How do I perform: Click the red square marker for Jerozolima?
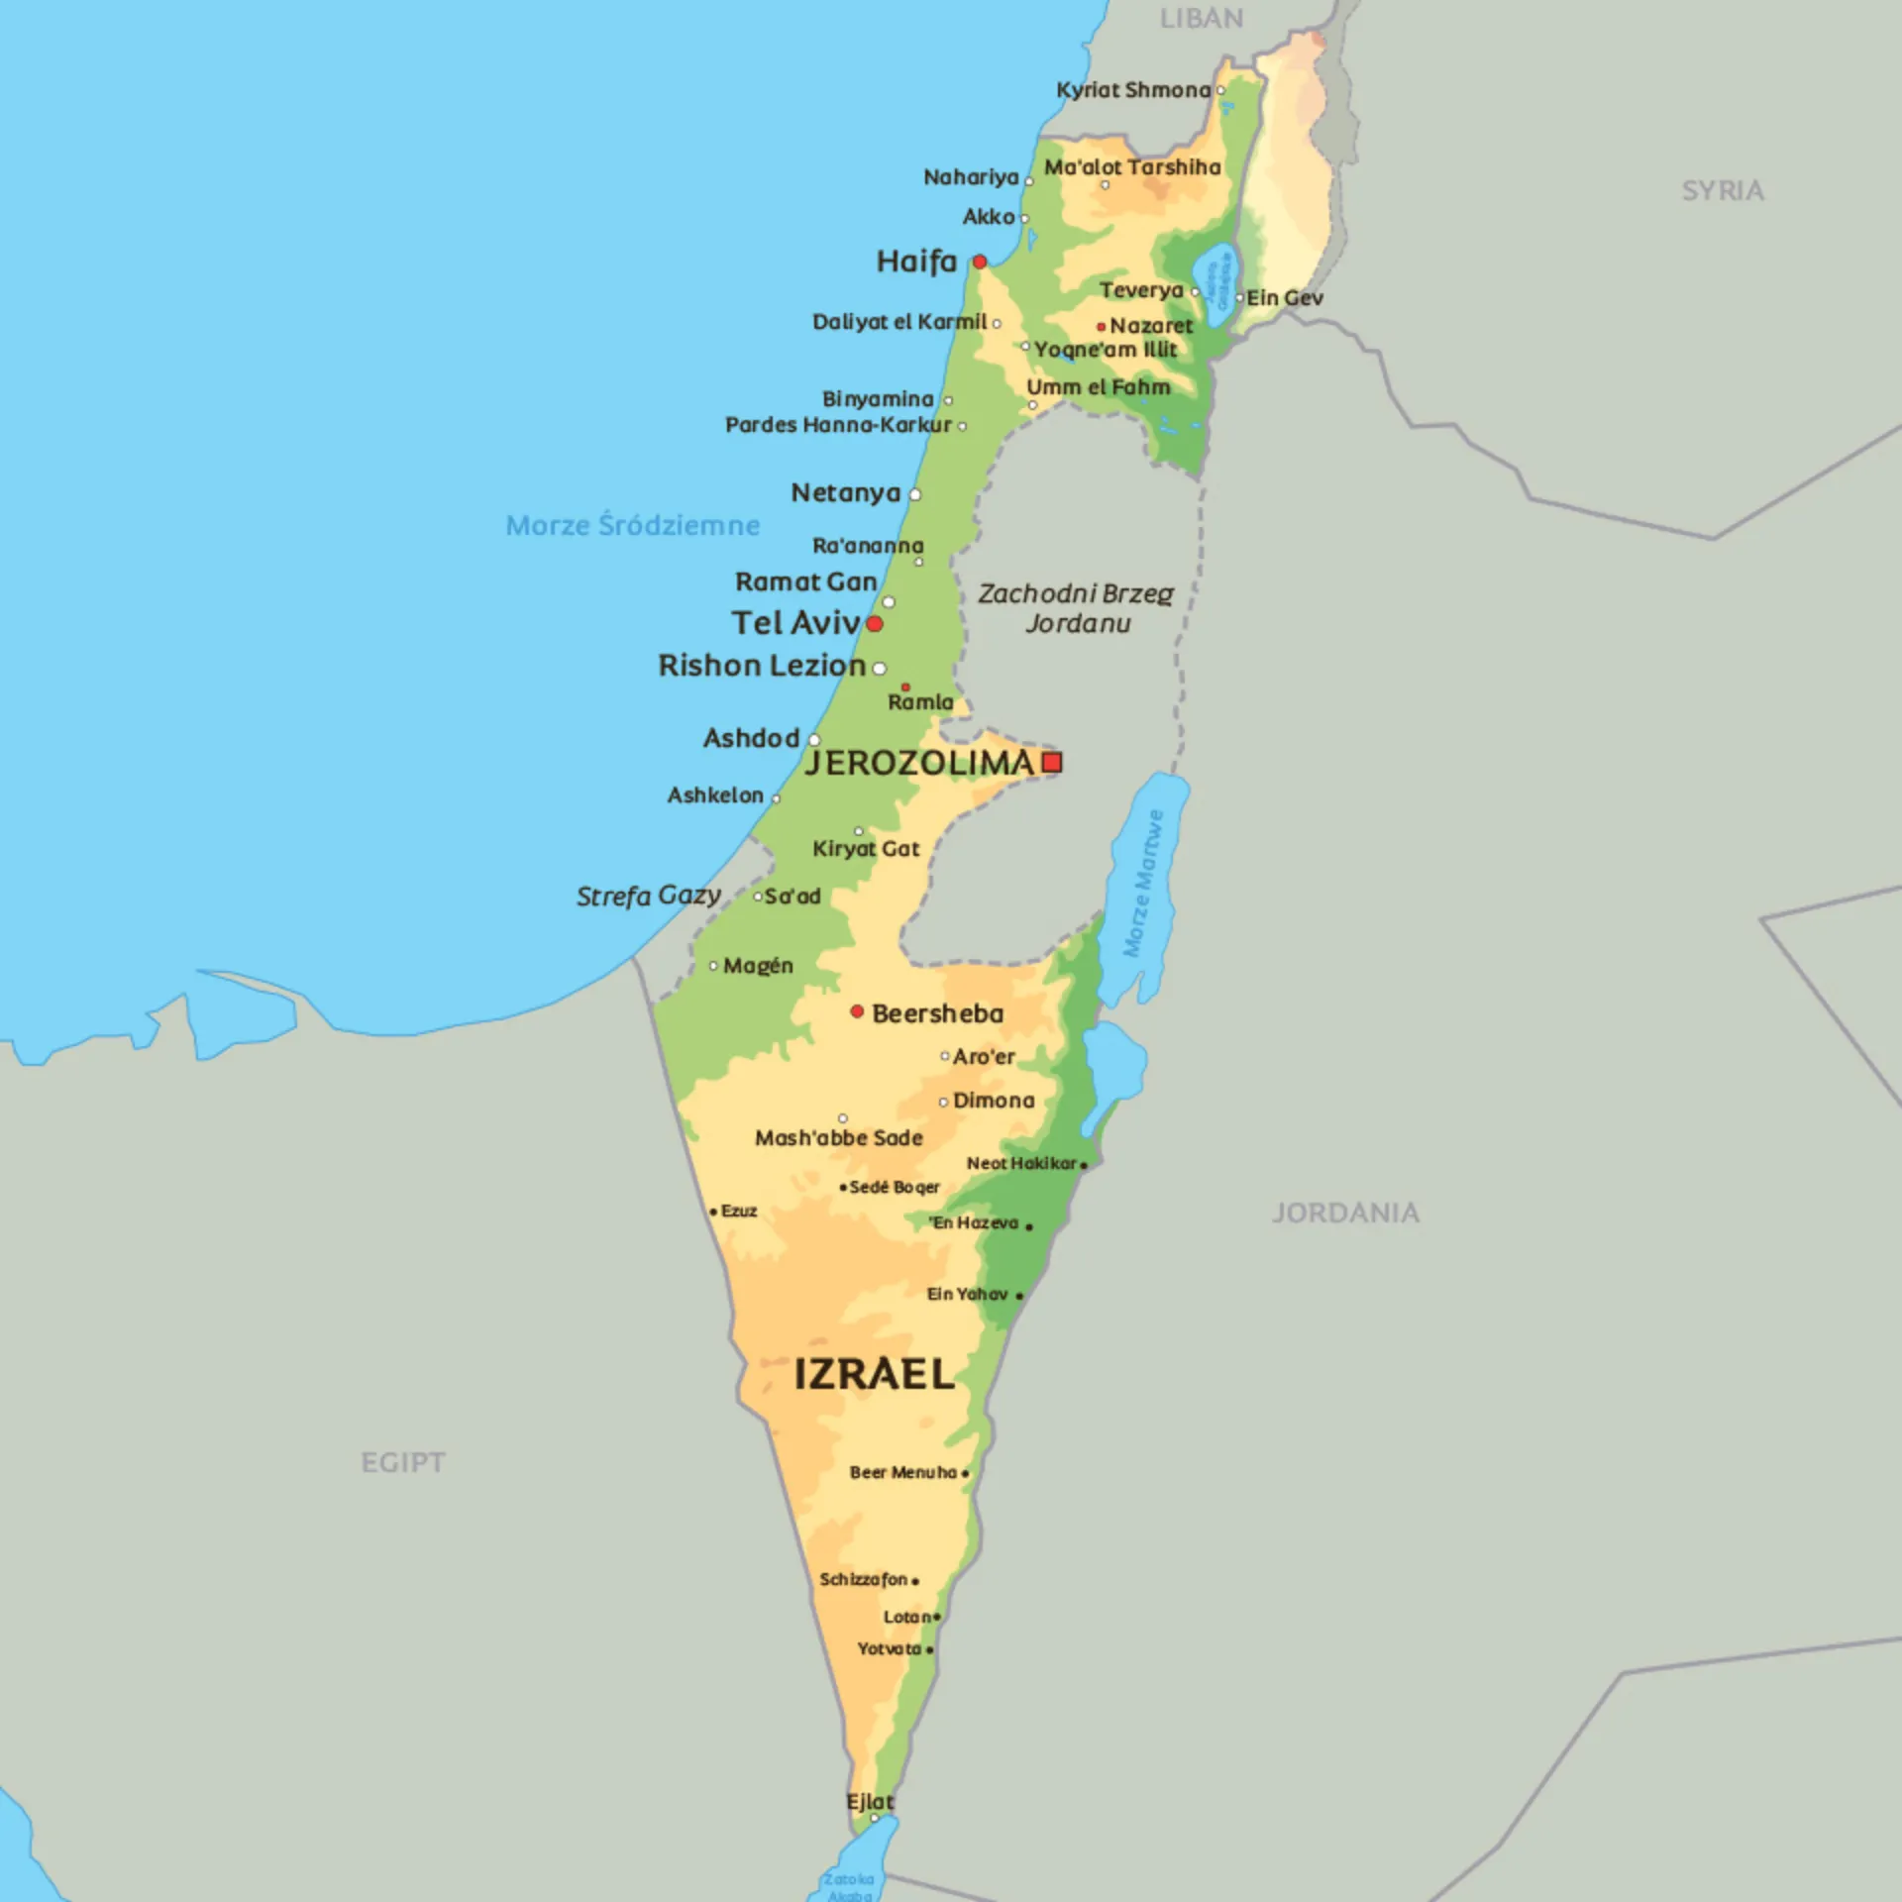[x=1053, y=762]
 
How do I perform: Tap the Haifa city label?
[x=916, y=262]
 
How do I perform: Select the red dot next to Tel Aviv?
[x=875, y=624]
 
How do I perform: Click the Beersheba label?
[x=937, y=1013]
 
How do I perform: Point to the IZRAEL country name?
[x=874, y=1375]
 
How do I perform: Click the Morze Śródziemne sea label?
[x=633, y=525]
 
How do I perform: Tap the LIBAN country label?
[x=1201, y=19]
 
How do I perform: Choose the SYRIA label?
[x=1723, y=191]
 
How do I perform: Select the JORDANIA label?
[x=1345, y=1213]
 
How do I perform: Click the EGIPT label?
[x=403, y=1462]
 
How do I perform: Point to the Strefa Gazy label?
[x=649, y=896]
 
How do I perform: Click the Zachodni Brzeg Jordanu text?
[x=1077, y=608]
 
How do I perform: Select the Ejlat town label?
[x=870, y=1801]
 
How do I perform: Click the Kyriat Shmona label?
[x=1133, y=90]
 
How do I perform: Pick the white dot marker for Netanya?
[x=915, y=494]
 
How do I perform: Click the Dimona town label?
[x=993, y=1101]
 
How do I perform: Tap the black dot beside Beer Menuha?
[x=966, y=1473]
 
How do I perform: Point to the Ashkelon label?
[x=715, y=795]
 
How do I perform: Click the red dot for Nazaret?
[x=1101, y=326]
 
